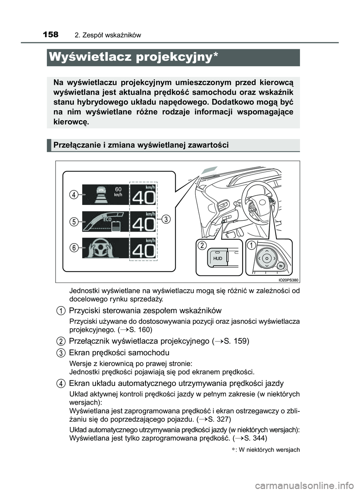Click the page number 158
(x=51, y=35)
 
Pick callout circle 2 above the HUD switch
(x=202, y=245)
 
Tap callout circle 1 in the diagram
(x=251, y=245)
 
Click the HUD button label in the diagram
(x=218, y=259)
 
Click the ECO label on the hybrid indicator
(x=107, y=220)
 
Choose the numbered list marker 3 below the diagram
(x=60, y=353)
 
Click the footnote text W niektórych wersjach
(x=269, y=450)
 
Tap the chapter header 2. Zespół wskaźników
(x=108, y=35)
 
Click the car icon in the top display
(x=101, y=194)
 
